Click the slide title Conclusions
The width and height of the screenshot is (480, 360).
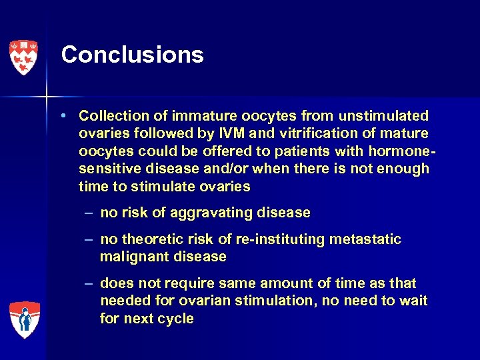132,55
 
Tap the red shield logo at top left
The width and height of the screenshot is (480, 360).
23,57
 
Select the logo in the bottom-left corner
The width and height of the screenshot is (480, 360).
24,319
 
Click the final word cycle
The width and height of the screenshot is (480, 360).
176,319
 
